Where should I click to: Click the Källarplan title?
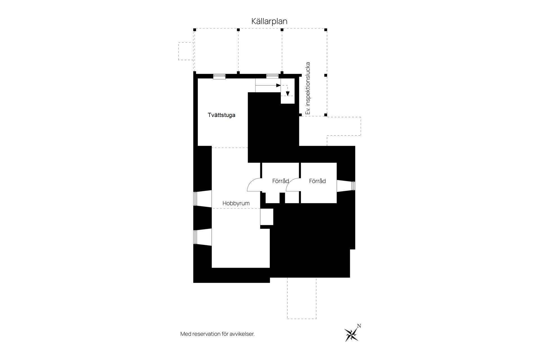tap(269, 21)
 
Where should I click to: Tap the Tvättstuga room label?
tap(221, 115)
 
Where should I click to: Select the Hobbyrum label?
tap(236, 203)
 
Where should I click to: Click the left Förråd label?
tap(280, 181)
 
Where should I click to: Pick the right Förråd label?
tap(317, 181)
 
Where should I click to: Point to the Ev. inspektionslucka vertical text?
tap(308, 88)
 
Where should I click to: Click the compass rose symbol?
tap(351, 334)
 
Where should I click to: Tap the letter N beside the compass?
tap(359, 326)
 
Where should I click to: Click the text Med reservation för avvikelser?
tap(217, 334)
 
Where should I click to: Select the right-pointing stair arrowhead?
tap(278, 85)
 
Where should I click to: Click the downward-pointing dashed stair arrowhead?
tap(287, 94)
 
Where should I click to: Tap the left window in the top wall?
tap(219, 76)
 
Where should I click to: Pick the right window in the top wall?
tap(272, 76)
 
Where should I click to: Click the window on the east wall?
tap(353, 186)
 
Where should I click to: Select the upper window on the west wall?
tap(195, 199)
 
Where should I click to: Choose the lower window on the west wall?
tap(195, 237)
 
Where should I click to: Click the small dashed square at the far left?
tap(186, 51)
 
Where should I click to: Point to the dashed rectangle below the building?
tap(301, 298)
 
